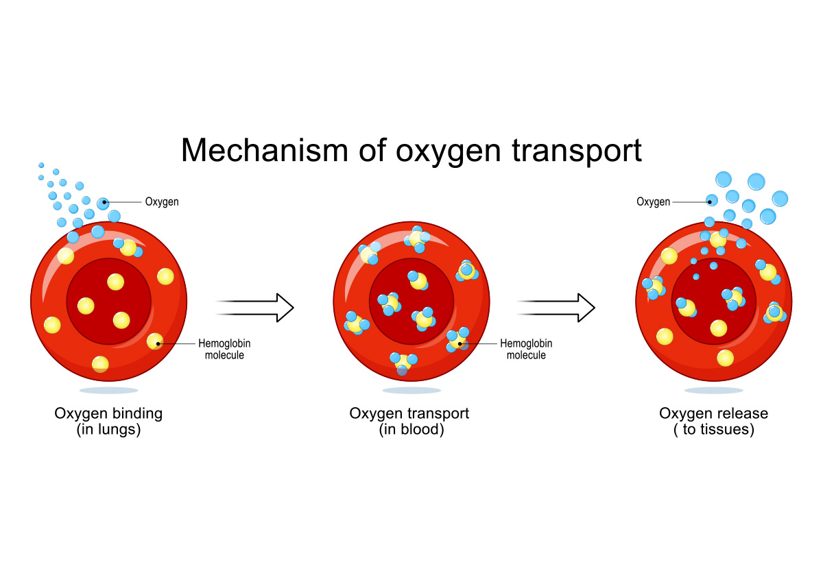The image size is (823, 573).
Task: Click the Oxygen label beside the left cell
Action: point(162,202)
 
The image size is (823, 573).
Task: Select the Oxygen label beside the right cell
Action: point(653,202)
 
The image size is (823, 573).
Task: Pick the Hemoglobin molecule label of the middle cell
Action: point(526,349)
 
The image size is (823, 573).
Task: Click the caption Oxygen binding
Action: point(108,413)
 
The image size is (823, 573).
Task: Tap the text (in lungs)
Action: point(108,430)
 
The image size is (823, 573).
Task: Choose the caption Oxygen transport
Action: point(409,413)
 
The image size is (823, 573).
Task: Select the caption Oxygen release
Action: point(713,413)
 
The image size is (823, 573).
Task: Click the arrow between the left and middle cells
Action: point(255,307)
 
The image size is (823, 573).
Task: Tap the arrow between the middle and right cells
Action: point(556,307)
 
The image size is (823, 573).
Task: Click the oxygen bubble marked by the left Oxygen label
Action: point(103,203)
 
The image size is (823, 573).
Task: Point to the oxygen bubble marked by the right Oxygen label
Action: point(712,201)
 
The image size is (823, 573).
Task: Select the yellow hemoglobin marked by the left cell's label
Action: point(156,341)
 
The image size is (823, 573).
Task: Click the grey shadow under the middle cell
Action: point(411,391)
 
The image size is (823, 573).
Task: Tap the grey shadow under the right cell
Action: point(713,391)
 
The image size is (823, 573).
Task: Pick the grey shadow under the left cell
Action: point(108,391)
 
